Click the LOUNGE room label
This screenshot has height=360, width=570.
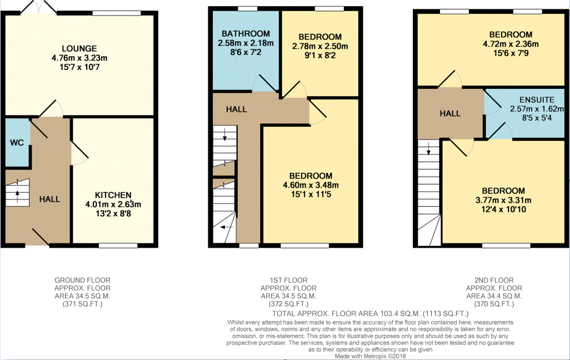79,48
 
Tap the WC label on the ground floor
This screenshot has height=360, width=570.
16,142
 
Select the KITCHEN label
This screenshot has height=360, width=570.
113,195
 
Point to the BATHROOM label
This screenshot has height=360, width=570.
244,34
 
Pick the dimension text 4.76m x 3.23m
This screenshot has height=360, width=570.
79,58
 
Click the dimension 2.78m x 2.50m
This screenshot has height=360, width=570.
319,46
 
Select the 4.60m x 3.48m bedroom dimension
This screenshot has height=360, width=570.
311,185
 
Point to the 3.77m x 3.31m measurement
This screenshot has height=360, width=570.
503,201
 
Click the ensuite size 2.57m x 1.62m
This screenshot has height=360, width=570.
533,109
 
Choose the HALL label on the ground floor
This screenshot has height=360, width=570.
49,199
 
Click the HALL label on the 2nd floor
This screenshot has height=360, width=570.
450,113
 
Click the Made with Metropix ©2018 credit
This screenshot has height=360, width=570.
370,356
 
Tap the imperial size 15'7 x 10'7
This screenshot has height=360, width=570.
79,67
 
